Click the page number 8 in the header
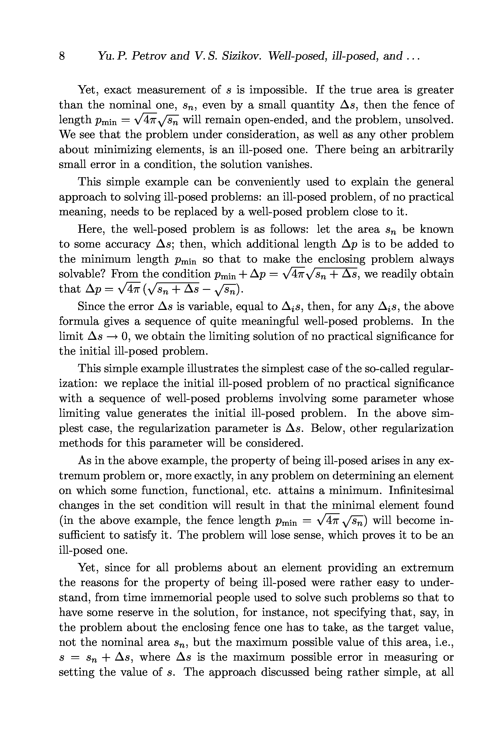pos(62,56)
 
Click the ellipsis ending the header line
pos(412,58)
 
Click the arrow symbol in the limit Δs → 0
pos(112,337)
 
